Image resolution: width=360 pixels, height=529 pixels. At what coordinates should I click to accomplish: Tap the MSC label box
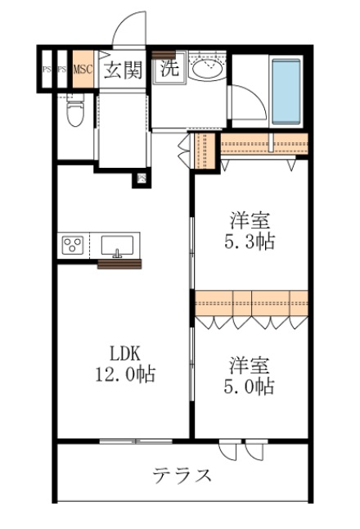click(83, 70)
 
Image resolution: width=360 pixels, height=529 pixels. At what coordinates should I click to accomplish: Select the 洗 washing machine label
click(169, 69)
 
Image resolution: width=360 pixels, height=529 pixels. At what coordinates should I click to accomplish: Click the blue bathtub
click(286, 90)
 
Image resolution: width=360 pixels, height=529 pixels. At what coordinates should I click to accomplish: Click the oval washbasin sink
click(204, 70)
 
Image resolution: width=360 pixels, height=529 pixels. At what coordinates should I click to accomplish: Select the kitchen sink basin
click(119, 245)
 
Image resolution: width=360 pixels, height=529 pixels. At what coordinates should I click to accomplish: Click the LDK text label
click(127, 355)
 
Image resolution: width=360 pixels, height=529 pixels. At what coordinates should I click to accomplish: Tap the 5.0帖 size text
click(251, 386)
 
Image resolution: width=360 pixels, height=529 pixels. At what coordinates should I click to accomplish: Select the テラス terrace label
click(182, 475)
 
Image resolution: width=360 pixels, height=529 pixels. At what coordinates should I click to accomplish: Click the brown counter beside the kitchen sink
click(119, 263)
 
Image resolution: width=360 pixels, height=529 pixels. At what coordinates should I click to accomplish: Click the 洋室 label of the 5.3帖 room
click(250, 220)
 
